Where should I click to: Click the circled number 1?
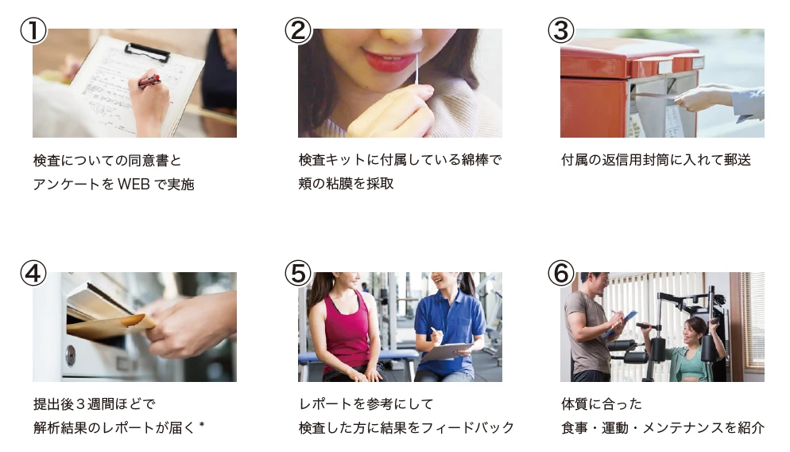tap(33, 30)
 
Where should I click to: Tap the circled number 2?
tap(298, 30)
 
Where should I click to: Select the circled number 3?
tap(561, 30)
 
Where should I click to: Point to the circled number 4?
tap(33, 274)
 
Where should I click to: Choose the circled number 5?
tap(298, 274)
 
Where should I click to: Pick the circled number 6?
tap(561, 274)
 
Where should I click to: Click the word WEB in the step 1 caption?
tap(134, 184)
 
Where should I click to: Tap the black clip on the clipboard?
tap(147, 51)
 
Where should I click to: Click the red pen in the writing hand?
tap(149, 80)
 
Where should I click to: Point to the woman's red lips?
tap(385, 60)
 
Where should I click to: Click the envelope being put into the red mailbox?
tap(655, 95)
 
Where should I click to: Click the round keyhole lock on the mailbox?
tap(71, 356)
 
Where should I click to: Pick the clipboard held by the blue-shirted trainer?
tap(447, 351)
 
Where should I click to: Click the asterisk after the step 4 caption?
tap(202, 425)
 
